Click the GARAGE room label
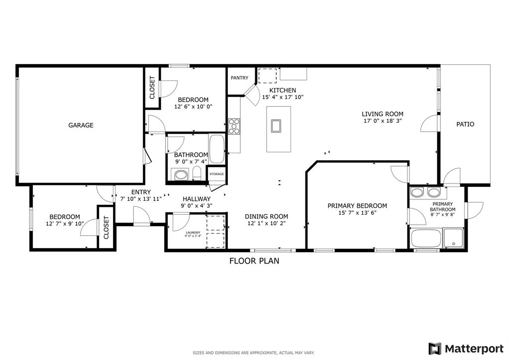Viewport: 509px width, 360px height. (81, 125)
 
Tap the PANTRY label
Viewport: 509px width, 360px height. (239, 78)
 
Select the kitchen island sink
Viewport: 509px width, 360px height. (276, 126)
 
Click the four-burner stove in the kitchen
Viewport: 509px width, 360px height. (234, 126)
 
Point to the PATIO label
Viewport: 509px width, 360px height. (465, 124)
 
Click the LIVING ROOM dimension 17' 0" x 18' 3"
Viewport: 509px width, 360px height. (383, 121)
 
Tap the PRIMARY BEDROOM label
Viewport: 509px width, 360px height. (357, 206)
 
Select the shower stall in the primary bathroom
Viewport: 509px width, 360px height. (453, 238)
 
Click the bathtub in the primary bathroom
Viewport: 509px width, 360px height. (426, 238)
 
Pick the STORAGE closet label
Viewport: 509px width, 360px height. (216, 174)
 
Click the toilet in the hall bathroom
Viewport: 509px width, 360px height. (197, 173)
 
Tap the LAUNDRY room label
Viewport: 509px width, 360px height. (193, 233)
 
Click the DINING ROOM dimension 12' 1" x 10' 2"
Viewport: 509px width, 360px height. (266, 223)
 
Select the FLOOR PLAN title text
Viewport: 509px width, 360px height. (254, 261)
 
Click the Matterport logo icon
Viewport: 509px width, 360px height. (435, 349)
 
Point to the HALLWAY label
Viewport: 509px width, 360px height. (197, 199)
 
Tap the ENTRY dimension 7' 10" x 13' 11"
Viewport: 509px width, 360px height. (141, 199)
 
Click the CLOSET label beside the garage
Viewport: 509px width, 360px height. (152, 88)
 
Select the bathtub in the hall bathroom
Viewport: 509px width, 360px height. (217, 149)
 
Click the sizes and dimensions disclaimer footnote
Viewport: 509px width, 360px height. (254, 353)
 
